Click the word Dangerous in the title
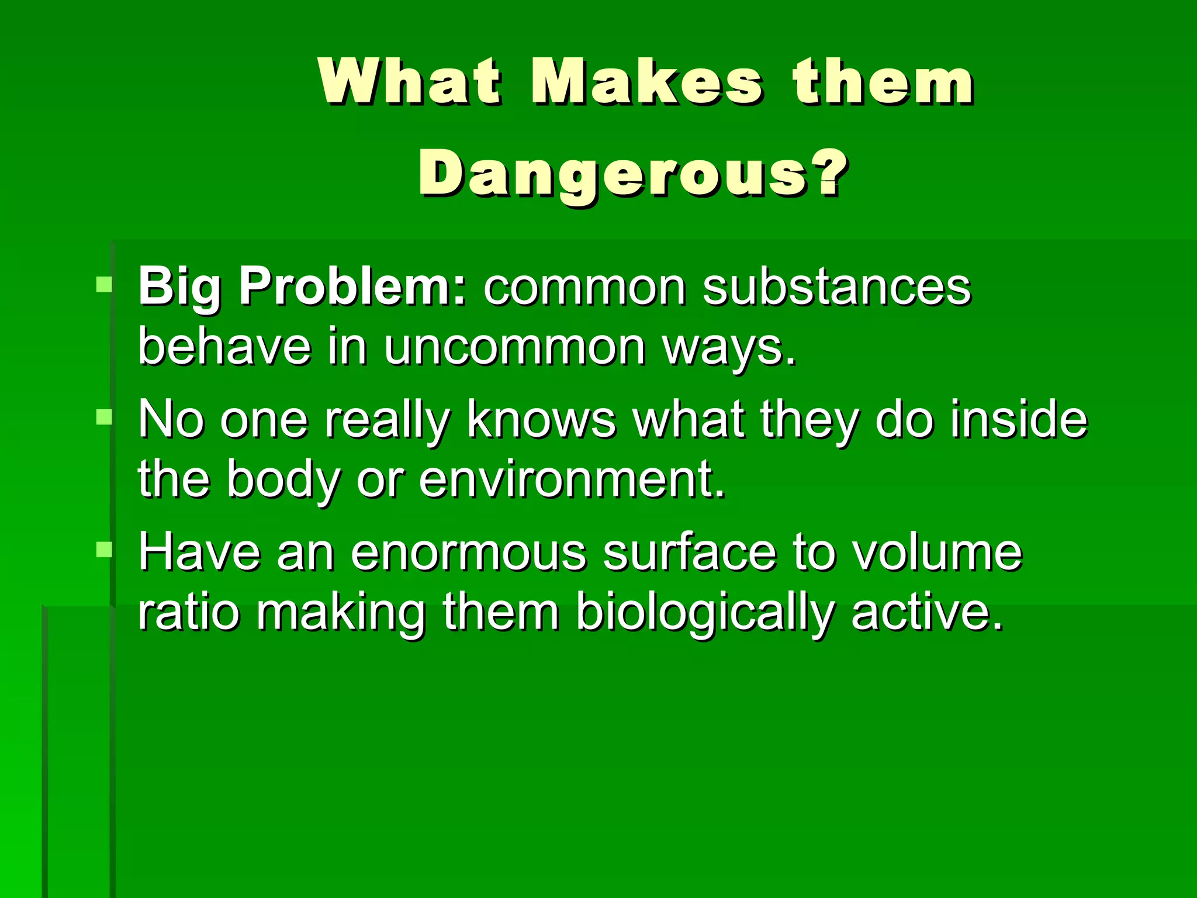632,174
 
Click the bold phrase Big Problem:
303,287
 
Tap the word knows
541,419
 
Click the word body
283,480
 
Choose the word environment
571,479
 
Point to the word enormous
468,552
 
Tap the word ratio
189,612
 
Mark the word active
926,612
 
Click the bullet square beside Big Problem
104,285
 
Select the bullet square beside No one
104,417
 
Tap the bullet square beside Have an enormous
104,550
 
